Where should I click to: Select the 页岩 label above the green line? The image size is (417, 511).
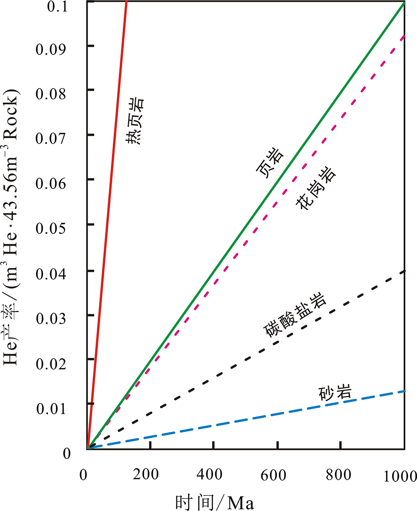[269, 163]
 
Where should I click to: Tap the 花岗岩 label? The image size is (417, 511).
[316, 188]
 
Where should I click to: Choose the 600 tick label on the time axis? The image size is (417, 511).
[274, 475]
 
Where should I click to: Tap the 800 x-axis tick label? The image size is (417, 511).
[338, 475]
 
